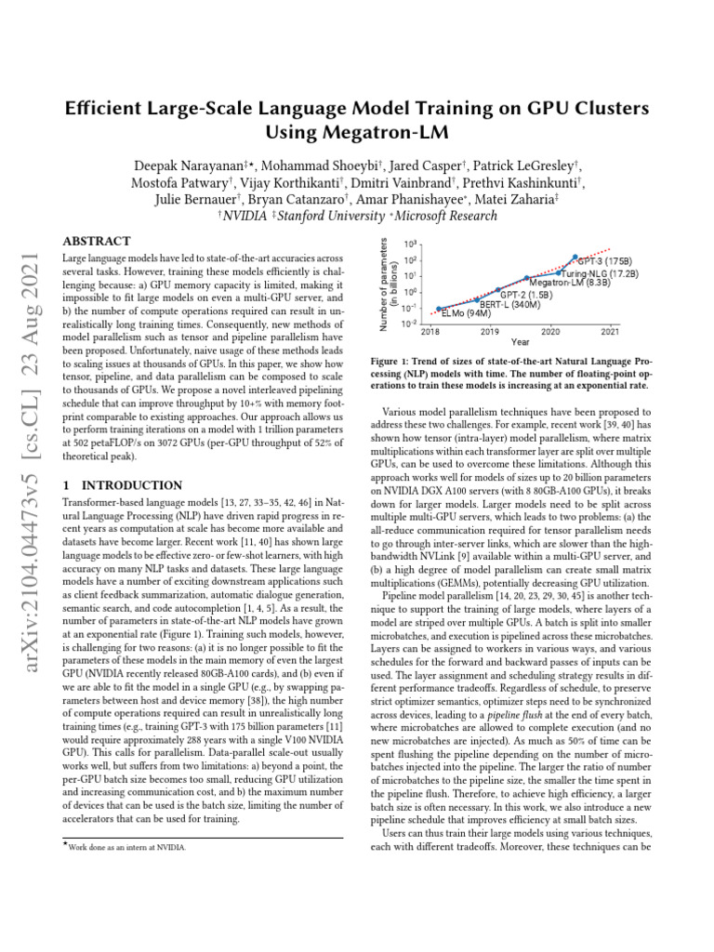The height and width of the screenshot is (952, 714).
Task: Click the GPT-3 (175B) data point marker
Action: click(575, 257)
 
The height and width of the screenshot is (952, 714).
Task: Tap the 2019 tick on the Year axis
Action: click(489, 331)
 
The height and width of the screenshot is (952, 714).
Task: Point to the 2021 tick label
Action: click(610, 331)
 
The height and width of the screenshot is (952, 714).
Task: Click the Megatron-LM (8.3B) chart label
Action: click(570, 283)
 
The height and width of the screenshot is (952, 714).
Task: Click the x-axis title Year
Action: click(520, 342)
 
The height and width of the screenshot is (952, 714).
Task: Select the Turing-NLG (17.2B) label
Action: click(600, 273)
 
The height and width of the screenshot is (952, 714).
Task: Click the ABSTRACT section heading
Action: click(95, 241)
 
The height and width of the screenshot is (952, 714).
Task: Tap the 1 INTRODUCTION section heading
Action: click(121, 485)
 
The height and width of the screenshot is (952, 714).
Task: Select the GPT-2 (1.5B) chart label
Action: click(525, 295)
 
